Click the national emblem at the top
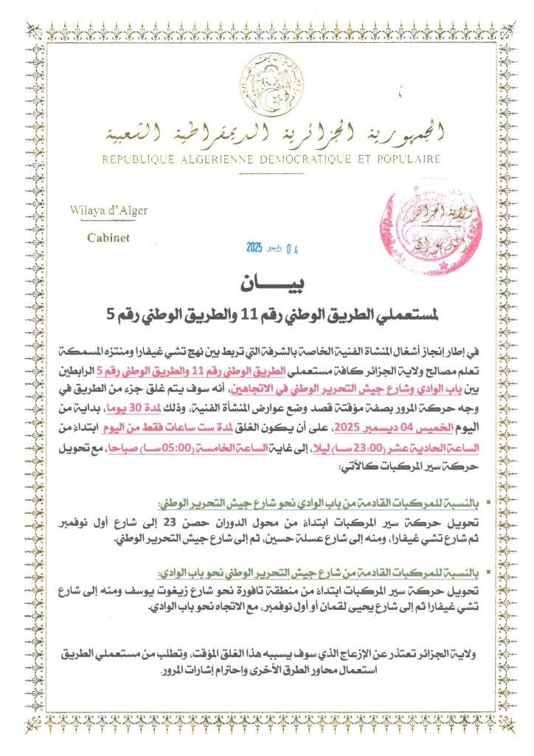pos(268,83)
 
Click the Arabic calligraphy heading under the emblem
pos(267,133)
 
